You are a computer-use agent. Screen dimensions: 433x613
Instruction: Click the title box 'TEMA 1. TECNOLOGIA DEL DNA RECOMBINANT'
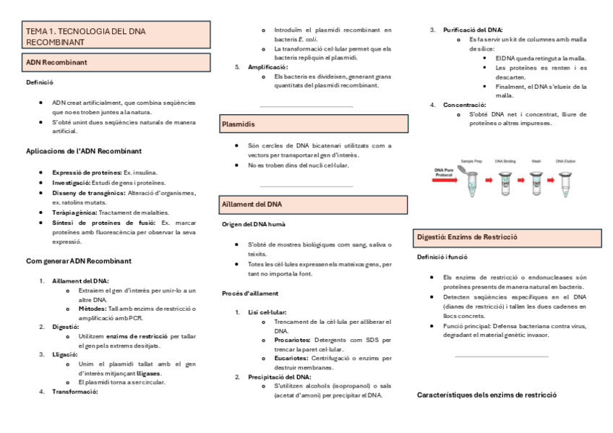click(116, 37)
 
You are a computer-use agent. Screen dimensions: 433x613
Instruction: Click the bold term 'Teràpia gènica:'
click(74, 213)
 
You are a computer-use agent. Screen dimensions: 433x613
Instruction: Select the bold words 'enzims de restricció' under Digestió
click(137, 337)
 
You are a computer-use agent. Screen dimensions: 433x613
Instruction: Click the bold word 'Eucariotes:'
click(293, 358)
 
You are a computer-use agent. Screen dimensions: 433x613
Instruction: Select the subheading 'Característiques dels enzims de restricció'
click(486, 395)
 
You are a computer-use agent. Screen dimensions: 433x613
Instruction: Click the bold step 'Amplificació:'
click(267, 67)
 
